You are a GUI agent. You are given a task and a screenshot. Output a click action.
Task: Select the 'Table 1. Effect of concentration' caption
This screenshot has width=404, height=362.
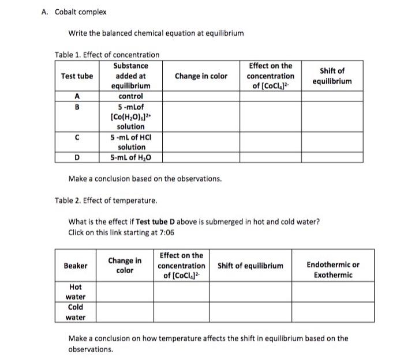tap(107, 55)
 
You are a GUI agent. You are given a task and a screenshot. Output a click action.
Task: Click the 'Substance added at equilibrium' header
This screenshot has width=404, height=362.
tap(130, 76)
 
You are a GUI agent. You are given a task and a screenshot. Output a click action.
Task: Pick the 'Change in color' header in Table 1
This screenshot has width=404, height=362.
tap(201, 76)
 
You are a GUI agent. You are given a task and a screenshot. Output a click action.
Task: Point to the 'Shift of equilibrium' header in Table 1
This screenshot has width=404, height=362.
tap(332, 76)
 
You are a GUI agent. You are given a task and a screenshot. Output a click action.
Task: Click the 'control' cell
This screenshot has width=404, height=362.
tap(130, 97)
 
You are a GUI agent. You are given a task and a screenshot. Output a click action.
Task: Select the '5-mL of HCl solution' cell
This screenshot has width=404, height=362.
tap(130, 142)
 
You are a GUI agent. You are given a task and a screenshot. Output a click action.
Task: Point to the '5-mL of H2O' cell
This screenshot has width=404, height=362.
tap(130, 157)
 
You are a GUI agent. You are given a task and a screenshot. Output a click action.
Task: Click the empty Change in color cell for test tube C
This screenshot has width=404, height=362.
tap(201, 142)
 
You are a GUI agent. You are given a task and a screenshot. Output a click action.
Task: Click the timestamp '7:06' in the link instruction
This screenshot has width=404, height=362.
tap(165, 232)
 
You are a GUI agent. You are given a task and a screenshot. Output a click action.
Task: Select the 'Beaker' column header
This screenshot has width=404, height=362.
tap(76, 266)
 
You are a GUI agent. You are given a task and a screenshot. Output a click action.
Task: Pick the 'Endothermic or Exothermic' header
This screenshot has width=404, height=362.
tap(332, 270)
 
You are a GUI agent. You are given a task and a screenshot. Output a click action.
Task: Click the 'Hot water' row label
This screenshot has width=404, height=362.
tap(76, 292)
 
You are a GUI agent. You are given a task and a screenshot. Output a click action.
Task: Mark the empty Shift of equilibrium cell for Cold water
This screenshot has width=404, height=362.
tap(250, 312)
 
